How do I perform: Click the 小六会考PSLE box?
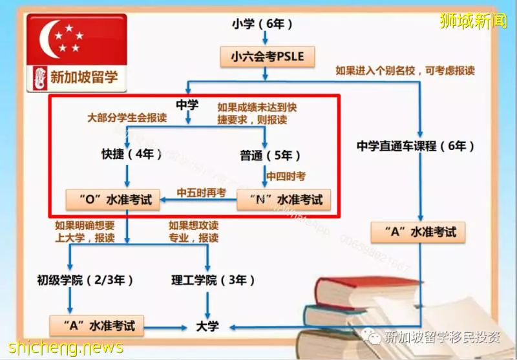(x=268, y=57)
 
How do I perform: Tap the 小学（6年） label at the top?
(x=262, y=24)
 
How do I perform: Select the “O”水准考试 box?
(x=113, y=200)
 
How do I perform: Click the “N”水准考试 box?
(x=284, y=200)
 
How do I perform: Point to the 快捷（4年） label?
(x=132, y=154)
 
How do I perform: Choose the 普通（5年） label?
(x=270, y=155)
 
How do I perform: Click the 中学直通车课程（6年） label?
(x=416, y=145)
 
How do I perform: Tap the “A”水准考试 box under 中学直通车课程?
(x=418, y=233)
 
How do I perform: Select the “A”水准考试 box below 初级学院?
(x=96, y=326)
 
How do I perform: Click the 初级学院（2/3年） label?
(x=85, y=281)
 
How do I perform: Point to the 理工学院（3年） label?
(x=213, y=281)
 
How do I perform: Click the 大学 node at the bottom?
(x=207, y=326)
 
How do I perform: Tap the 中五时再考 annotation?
(x=202, y=193)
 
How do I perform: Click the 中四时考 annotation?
(x=286, y=176)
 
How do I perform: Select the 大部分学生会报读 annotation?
(x=127, y=118)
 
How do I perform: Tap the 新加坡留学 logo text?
(x=84, y=77)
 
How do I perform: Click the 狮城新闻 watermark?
(x=473, y=21)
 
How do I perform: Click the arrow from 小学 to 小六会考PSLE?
(x=265, y=37)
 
